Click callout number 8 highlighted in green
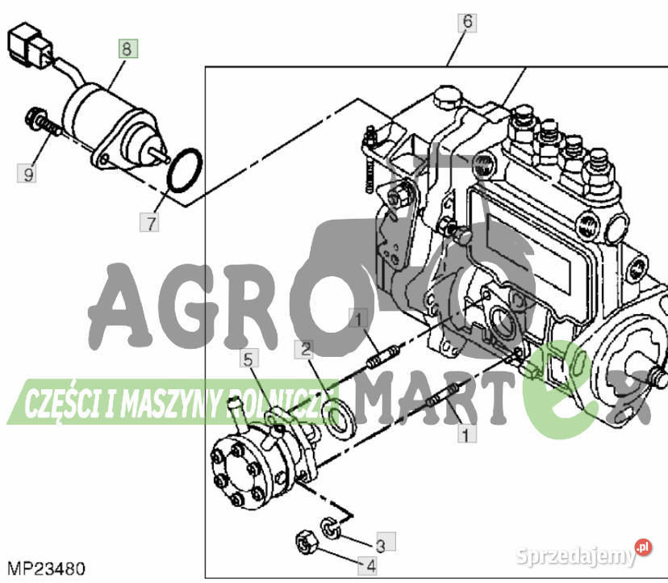[127, 48]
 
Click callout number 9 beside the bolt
[28, 173]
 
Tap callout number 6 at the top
[466, 22]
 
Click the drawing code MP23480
[47, 568]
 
